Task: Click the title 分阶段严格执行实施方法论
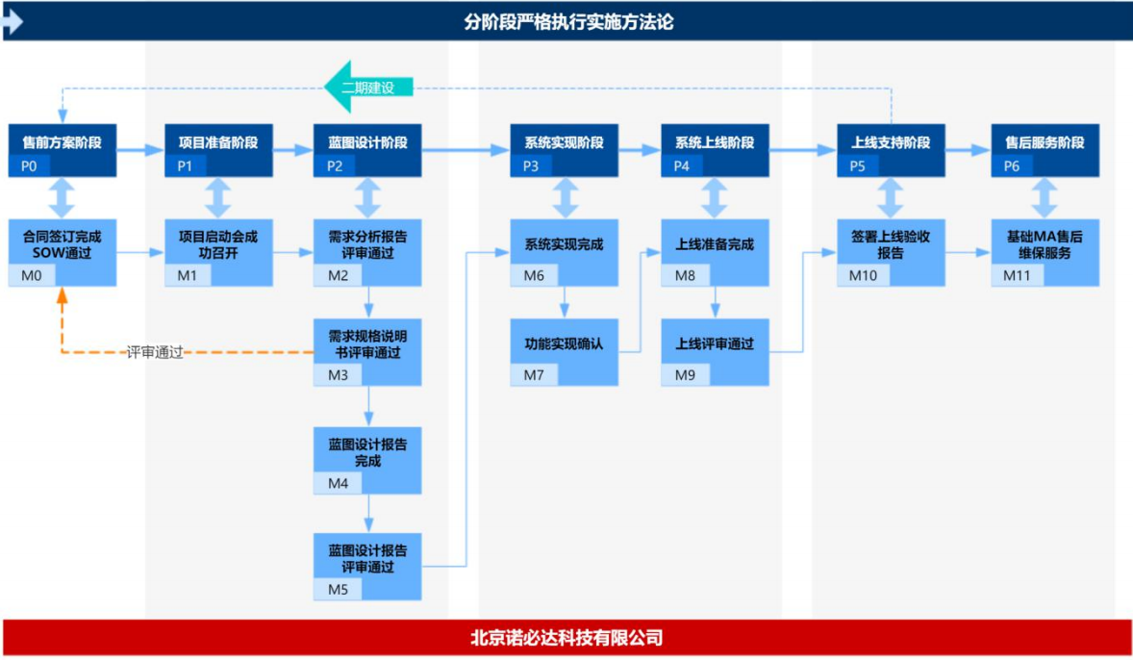coord(567,21)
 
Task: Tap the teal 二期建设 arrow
coord(370,88)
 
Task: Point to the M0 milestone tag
coord(32,276)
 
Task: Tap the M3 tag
coord(338,375)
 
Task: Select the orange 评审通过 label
coord(155,353)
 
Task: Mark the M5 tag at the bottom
coord(338,589)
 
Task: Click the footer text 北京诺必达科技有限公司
coord(567,638)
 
